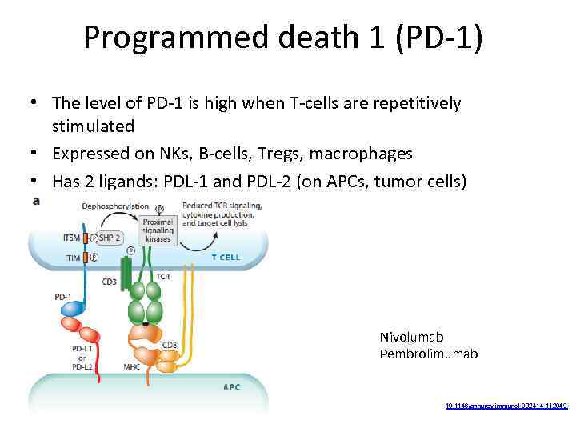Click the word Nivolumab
click(x=411, y=337)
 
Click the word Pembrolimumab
click(x=429, y=354)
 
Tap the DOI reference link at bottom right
click(x=506, y=406)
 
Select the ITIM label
click(x=70, y=257)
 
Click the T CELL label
click(x=225, y=258)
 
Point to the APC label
click(x=230, y=386)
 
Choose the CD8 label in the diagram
click(x=170, y=345)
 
